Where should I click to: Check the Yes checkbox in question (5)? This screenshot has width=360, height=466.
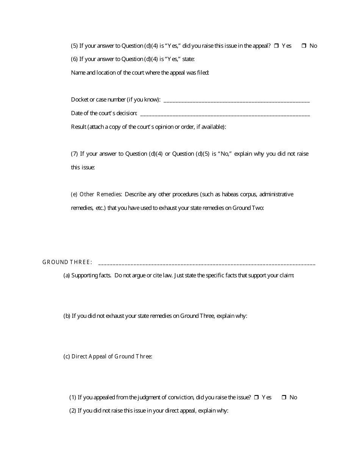pos(277,46)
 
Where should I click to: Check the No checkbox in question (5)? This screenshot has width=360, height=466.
pos(304,46)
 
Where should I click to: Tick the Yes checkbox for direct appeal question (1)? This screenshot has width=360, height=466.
pos(257,397)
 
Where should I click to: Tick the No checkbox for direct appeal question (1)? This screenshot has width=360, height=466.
pos(284,397)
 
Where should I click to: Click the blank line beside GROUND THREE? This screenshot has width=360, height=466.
pos(207,263)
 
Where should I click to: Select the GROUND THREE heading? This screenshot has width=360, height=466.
pos(67,262)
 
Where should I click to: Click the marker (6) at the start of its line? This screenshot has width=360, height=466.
pos(74,59)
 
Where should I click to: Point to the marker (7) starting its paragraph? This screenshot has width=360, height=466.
pos(74,154)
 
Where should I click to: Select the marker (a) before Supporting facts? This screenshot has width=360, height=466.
pos(67,276)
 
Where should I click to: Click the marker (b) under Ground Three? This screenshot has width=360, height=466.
pos(67,316)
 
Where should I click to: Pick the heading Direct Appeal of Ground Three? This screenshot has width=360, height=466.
pos(111,357)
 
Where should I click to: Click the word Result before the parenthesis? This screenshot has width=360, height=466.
pos(78,127)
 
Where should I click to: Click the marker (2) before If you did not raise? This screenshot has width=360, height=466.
pos(72,411)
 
